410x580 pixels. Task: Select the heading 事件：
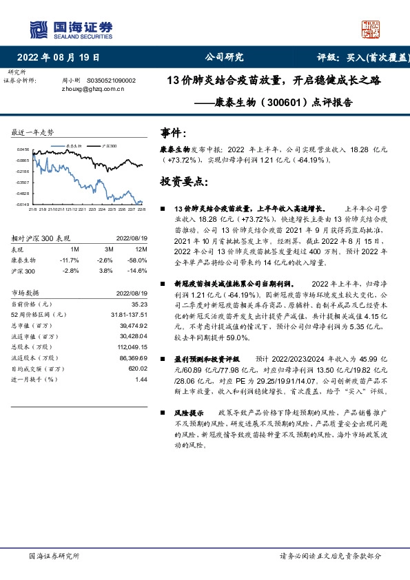(173, 132)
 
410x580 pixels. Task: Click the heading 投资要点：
(183, 182)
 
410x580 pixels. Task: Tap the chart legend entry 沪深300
(109, 147)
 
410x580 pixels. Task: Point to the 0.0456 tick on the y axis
(23, 149)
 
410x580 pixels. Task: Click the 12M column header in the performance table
(143, 249)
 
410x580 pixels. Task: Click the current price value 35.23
(140, 304)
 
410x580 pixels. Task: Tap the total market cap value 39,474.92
(134, 325)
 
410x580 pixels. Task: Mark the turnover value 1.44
(142, 380)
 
